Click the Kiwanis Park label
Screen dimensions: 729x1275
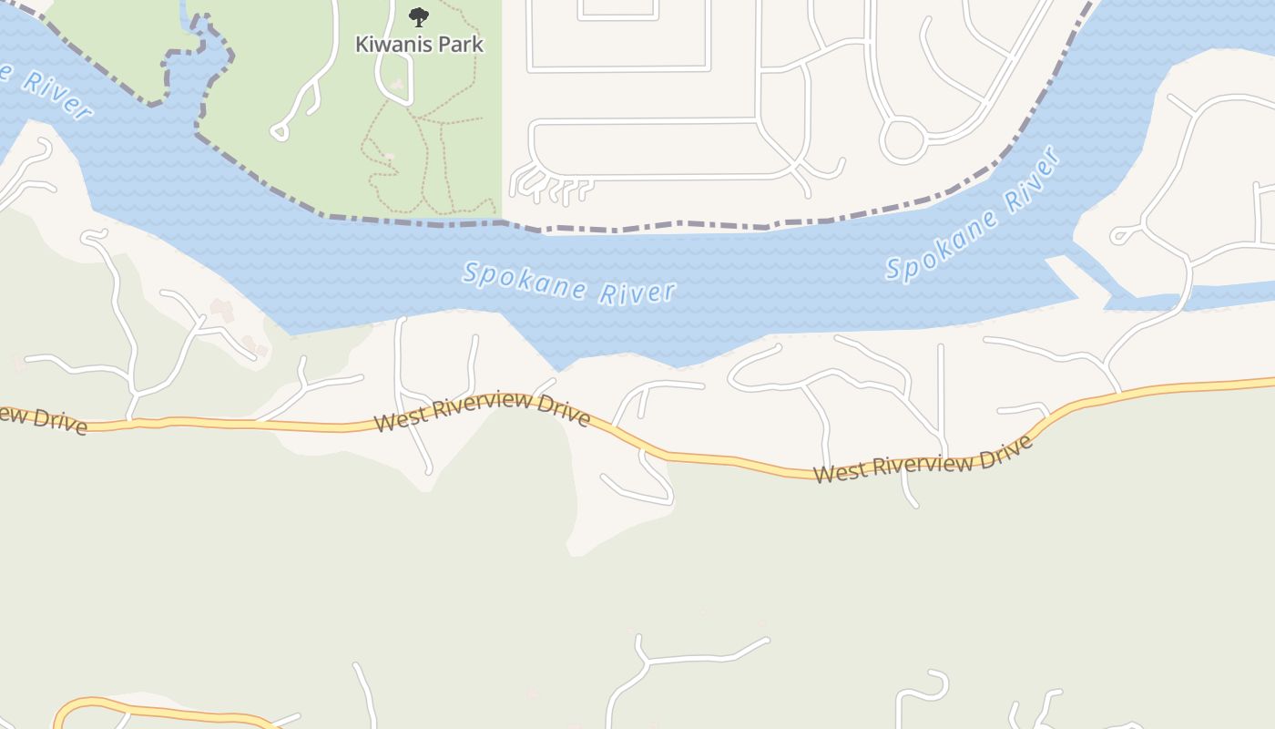click(419, 44)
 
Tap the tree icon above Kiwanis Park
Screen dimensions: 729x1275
click(418, 16)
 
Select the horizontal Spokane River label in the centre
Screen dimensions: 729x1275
click(569, 282)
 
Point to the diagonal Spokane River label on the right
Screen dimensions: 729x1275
click(973, 216)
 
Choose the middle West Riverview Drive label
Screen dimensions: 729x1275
click(483, 411)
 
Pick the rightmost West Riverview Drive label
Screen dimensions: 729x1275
click(923, 460)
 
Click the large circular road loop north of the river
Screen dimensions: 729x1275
click(902, 140)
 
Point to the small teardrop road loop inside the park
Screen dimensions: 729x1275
click(280, 132)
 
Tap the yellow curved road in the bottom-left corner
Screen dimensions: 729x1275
click(137, 709)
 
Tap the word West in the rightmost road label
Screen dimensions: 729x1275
click(837, 473)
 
